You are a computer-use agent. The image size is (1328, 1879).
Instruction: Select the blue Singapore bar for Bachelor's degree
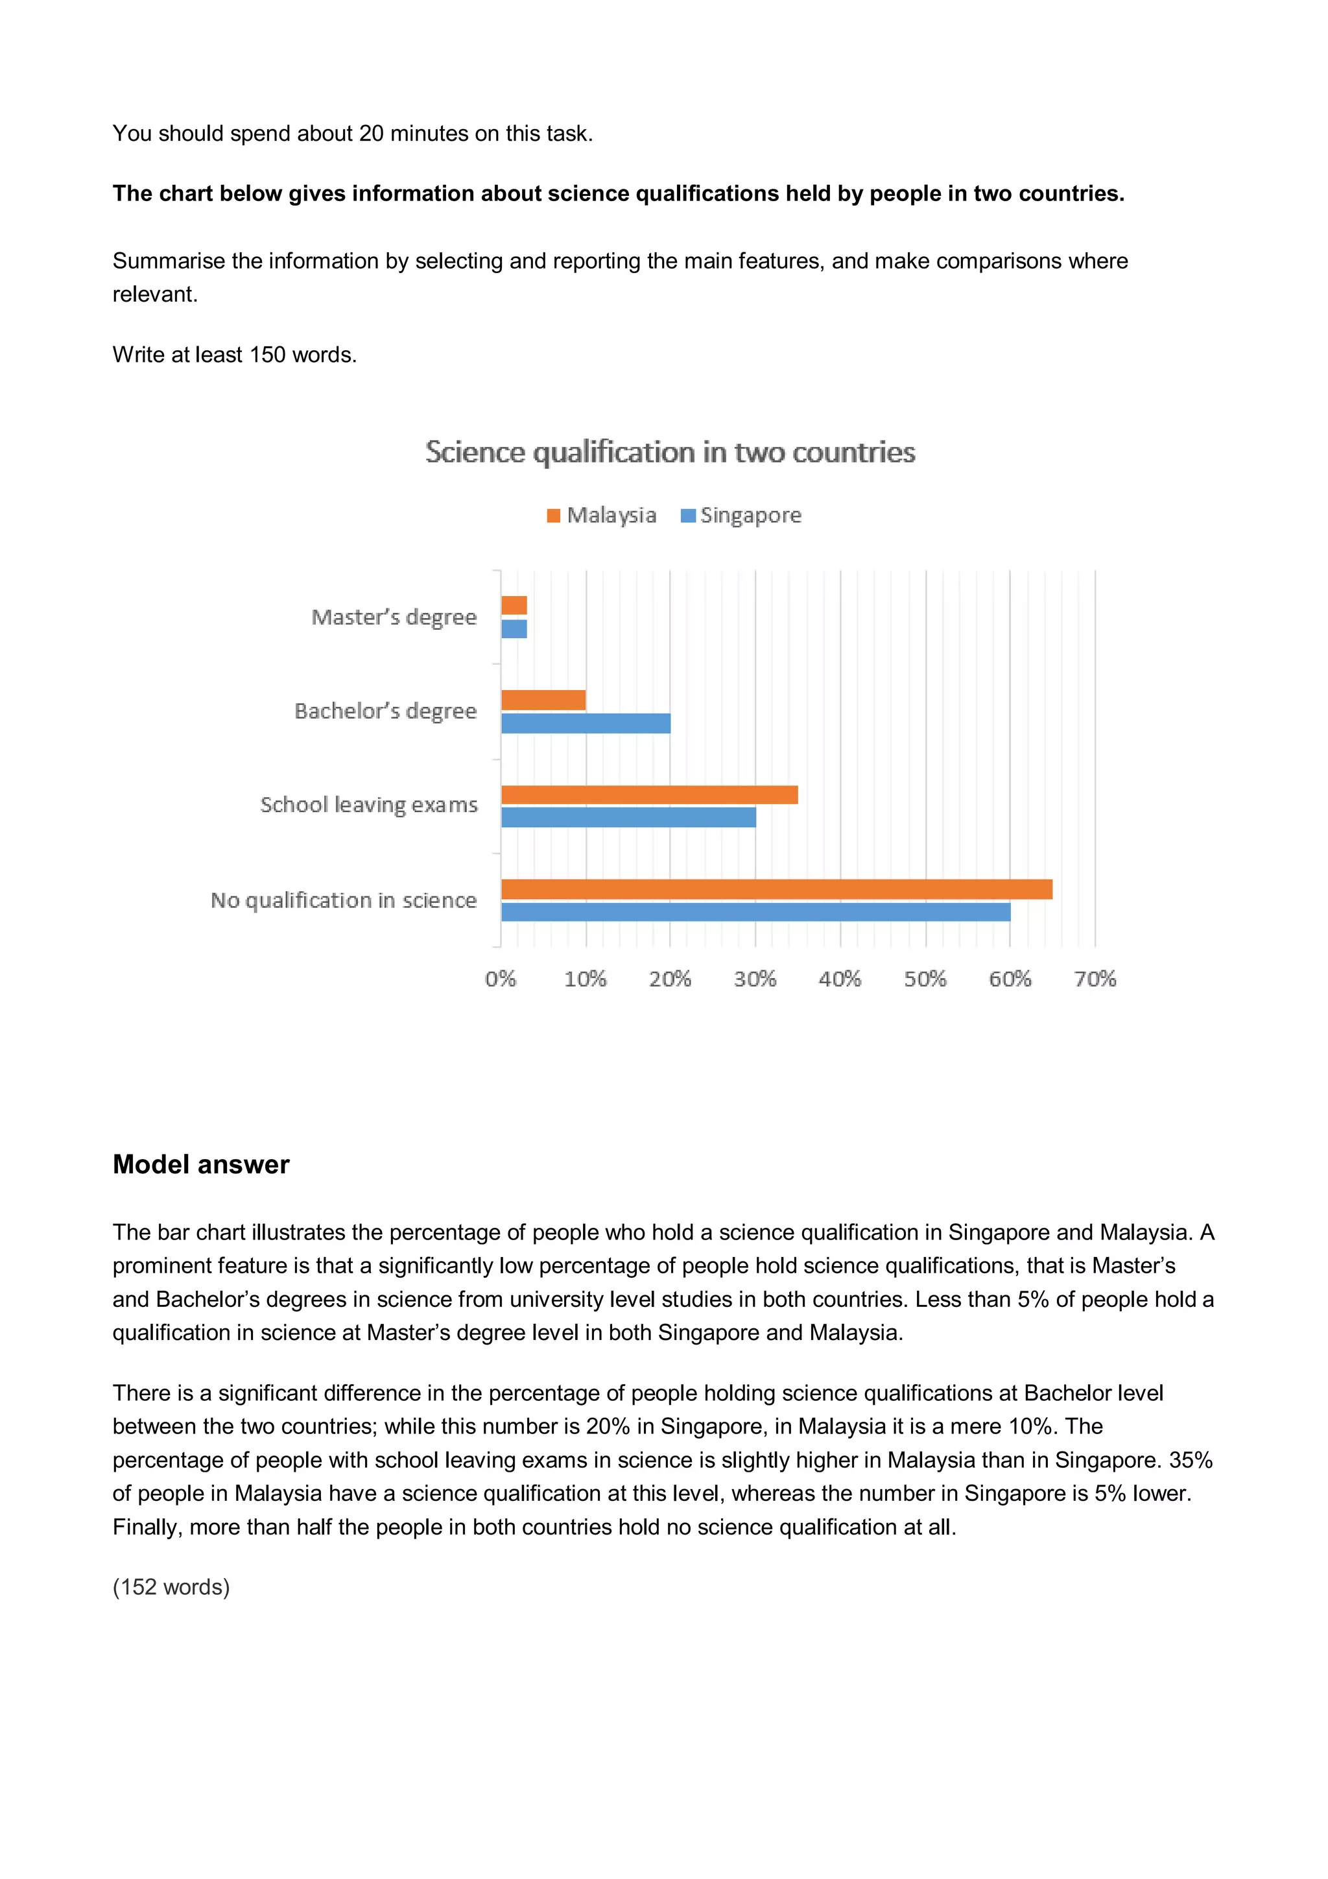click(585, 723)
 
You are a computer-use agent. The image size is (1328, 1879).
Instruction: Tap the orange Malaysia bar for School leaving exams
click(649, 795)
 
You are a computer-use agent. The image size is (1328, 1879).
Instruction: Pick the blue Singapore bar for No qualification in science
click(755, 912)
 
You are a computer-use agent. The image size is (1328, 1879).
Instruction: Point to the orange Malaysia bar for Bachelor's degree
click(543, 700)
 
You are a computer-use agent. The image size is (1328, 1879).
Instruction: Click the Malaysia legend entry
click(602, 515)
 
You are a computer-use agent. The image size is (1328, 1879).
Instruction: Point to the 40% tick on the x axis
click(840, 979)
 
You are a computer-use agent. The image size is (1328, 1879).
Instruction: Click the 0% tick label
click(500, 979)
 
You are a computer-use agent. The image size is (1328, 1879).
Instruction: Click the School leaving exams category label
click(368, 806)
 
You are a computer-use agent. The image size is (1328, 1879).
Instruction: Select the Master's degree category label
click(394, 617)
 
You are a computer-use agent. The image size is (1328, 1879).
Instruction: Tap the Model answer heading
click(200, 1164)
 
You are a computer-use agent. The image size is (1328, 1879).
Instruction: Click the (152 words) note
click(171, 1587)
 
